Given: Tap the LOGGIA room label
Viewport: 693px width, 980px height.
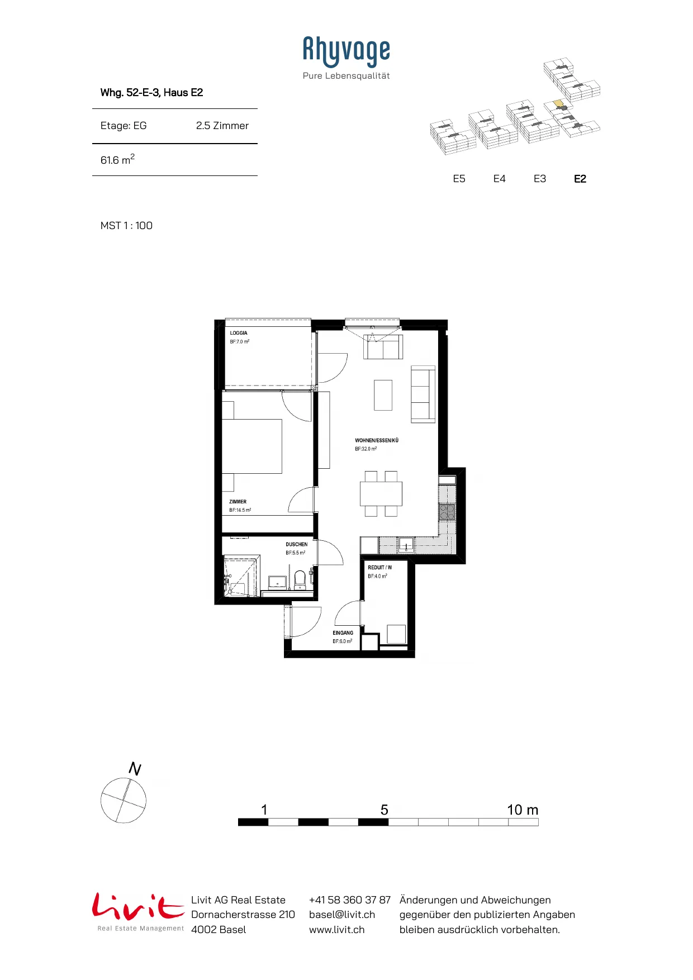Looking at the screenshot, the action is pos(239,333).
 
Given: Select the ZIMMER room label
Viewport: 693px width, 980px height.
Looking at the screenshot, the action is pos(238,502).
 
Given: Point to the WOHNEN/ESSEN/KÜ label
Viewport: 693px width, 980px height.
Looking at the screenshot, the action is pos(377,440).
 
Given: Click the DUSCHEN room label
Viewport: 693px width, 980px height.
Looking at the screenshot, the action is pos(297,544).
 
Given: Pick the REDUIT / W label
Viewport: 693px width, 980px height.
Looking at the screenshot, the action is pos(380,568).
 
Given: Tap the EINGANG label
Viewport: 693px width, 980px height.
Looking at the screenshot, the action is pos(343,633).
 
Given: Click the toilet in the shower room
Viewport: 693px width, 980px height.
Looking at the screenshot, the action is pos(300,579).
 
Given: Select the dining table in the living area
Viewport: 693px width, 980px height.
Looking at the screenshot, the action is pos(381,493).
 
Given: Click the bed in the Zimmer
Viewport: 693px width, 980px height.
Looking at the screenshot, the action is pos(252,446).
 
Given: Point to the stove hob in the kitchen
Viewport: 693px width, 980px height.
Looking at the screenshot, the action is pos(447,512).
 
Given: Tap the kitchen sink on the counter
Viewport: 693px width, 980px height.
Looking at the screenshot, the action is pos(406,545).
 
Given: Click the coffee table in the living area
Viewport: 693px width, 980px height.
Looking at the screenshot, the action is pos(383,395).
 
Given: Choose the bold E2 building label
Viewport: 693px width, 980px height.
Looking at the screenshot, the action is pos(580,179).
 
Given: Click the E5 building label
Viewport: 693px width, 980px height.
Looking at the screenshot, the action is pos(459,179).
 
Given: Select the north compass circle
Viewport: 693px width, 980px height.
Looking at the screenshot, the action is pos(124,800).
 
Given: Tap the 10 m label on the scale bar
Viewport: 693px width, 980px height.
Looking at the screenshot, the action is pos(523,810).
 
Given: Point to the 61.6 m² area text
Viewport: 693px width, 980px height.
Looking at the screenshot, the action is pos(117,160).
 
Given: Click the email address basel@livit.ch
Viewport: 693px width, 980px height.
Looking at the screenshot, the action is pos(342,915).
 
